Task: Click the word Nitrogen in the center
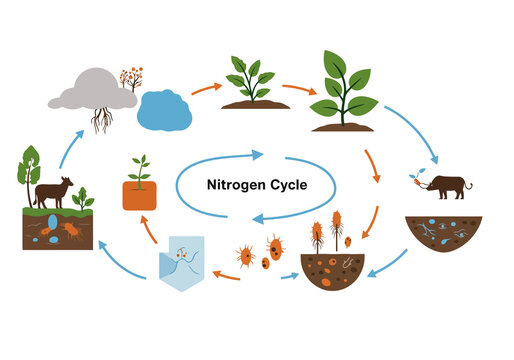coord(234,184)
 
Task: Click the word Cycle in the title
coord(285,184)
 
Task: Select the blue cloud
coord(165,110)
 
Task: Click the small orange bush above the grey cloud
coord(130,78)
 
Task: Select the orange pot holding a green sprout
coord(141,194)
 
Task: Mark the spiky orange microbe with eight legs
coord(245,256)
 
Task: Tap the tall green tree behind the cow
coord(27,168)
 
